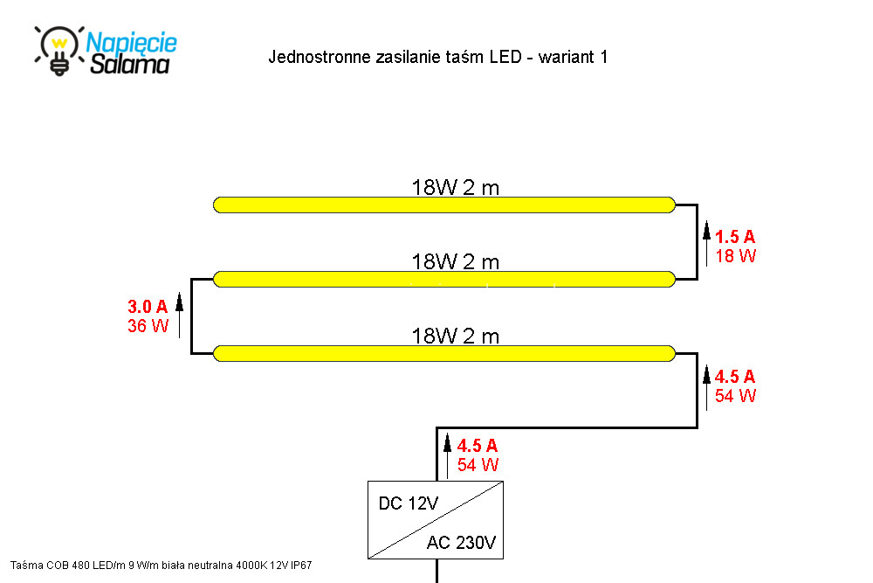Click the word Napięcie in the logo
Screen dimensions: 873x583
point(132,43)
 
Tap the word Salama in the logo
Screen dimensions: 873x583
point(130,64)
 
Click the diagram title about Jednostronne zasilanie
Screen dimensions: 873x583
point(437,57)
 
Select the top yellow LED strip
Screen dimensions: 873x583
point(444,205)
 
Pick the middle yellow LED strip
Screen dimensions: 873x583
point(444,279)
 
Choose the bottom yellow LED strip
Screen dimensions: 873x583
point(444,353)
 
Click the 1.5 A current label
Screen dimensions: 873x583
point(735,237)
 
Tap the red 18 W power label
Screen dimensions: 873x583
point(735,256)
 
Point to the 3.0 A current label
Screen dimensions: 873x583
point(148,307)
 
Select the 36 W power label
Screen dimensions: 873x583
point(148,325)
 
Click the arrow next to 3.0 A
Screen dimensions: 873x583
point(179,315)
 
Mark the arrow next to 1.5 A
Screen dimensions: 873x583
point(706,244)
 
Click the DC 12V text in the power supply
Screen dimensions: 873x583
point(408,503)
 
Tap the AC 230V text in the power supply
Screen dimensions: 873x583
point(461,542)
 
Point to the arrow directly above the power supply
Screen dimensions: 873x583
point(447,457)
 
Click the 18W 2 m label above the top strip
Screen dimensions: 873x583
point(456,188)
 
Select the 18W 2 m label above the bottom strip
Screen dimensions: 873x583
point(456,337)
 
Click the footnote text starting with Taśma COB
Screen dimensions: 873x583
point(161,566)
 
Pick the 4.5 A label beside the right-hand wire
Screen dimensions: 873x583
point(735,377)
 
